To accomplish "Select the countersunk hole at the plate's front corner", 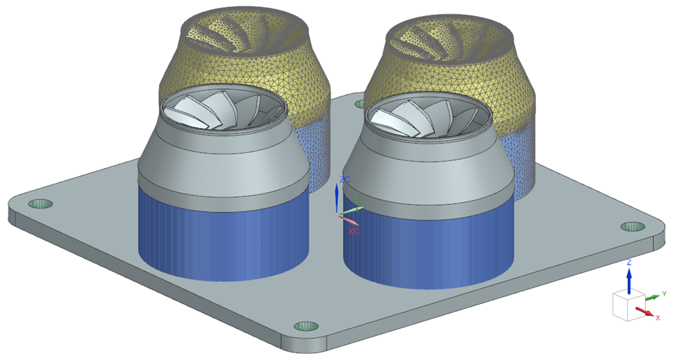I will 305,325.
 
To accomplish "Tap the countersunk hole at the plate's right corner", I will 632,227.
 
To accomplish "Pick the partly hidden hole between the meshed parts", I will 360,104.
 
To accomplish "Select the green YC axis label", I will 358,202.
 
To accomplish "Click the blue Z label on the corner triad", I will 629,263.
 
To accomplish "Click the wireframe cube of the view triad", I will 626,305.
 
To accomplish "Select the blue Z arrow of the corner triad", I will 629,278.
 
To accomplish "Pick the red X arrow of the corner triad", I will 644,312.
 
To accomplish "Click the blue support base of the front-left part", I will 221,235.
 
